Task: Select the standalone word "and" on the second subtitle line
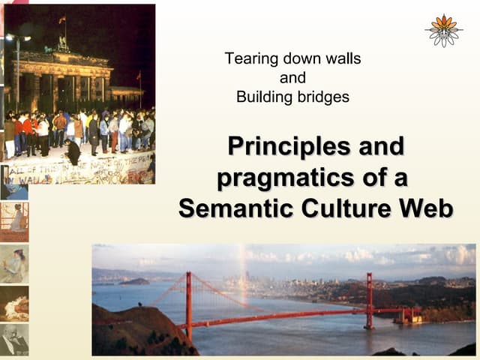tap(292, 78)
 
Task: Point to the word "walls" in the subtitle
tap(341, 58)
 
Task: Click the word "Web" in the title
tap(426, 208)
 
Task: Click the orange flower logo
tap(444, 30)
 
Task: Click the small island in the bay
tap(135, 281)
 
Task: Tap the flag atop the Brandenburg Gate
tap(62, 19)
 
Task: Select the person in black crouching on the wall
tap(73, 151)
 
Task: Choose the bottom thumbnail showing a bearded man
tap(14, 340)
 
